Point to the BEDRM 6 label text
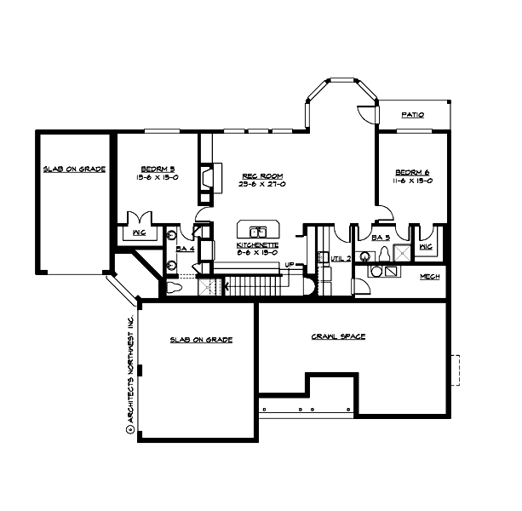pos(415,171)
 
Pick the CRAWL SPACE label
pos(338,336)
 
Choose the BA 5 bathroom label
pos(381,238)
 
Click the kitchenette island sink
pos(256,231)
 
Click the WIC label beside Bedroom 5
pos(138,232)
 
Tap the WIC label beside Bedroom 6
pos(426,247)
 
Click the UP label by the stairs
pos(290,264)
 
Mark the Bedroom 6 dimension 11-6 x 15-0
pos(415,180)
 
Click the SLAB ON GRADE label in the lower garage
pos(201,338)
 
